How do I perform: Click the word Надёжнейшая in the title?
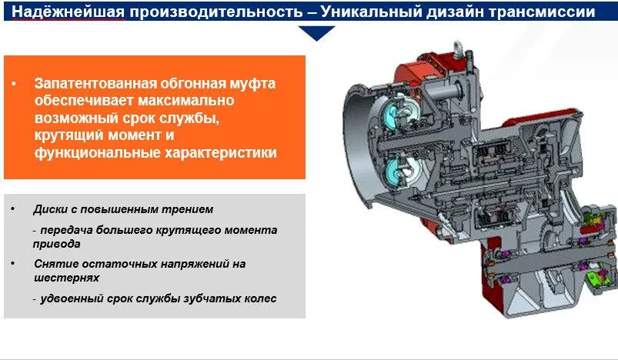[x=68, y=12]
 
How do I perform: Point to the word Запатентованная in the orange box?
[x=95, y=84]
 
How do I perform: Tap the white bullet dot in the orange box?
[x=14, y=84]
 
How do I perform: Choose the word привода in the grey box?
[x=57, y=244]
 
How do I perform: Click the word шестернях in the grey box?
[x=67, y=278]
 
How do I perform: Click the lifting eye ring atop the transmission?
[x=457, y=48]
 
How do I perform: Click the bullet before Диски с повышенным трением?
[x=13, y=208]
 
